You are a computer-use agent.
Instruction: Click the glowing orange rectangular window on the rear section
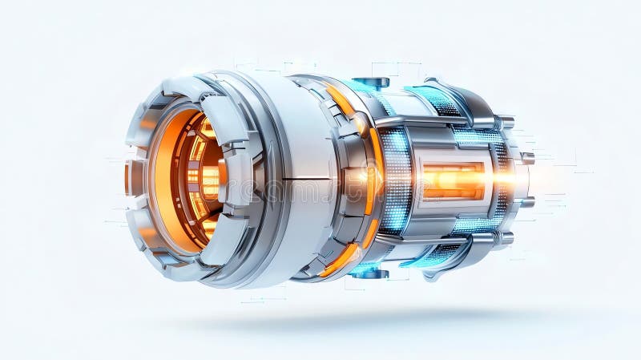point(454,180)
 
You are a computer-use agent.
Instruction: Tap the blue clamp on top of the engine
point(370,82)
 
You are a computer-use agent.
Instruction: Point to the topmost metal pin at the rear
point(506,122)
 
